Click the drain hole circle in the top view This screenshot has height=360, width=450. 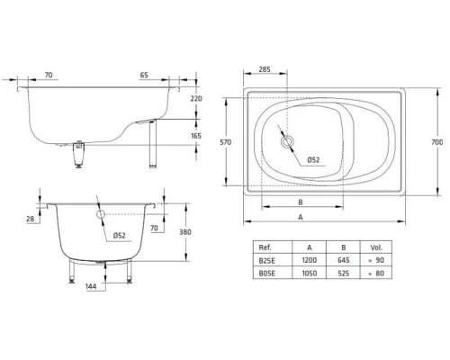click(288, 141)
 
